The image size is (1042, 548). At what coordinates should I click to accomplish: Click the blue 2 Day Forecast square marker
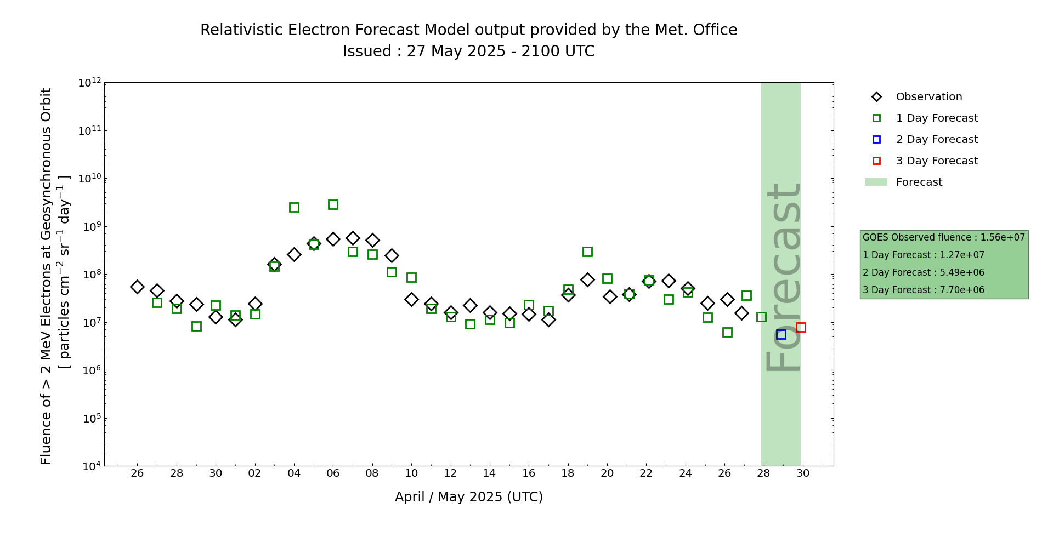[x=781, y=334]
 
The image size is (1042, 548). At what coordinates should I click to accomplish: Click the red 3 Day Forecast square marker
[x=801, y=327]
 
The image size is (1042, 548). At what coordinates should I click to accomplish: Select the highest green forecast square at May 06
[x=333, y=204]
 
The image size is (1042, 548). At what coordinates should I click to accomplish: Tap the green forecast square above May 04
[x=294, y=207]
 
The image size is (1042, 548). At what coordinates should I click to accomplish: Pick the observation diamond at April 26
[x=137, y=287]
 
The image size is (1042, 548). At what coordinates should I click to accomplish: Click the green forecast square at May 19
[x=587, y=252]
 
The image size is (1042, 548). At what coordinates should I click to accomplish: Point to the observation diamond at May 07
[x=353, y=238]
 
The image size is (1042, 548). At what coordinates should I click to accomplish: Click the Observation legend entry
[x=928, y=97]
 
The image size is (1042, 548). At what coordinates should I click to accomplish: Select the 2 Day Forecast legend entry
[x=936, y=140]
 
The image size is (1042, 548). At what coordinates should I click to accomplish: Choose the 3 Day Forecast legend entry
[x=936, y=161]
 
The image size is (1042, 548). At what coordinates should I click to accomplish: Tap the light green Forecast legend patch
[x=876, y=182]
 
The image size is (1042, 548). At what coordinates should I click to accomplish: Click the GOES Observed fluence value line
[x=943, y=237]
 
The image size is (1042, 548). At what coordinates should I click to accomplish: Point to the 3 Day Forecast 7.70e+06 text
[x=923, y=290]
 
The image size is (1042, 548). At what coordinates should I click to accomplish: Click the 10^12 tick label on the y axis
[x=89, y=83]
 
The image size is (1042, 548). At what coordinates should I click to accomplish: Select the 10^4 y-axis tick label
[x=90, y=466]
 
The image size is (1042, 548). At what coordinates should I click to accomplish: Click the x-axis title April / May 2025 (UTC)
[x=468, y=497]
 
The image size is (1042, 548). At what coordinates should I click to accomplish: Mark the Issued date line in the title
[x=468, y=52]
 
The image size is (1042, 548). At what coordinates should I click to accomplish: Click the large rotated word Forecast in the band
[x=783, y=277]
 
